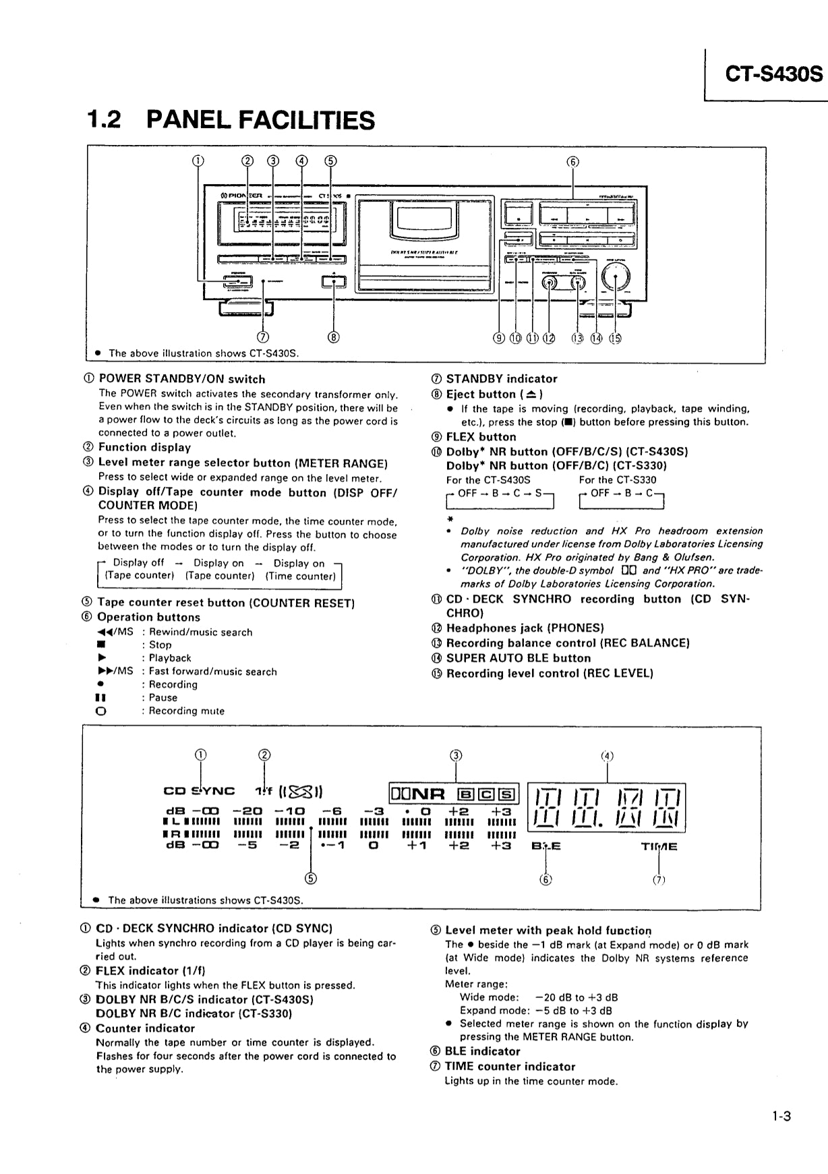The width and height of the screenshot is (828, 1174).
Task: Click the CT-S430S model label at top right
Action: pyautogui.click(x=773, y=74)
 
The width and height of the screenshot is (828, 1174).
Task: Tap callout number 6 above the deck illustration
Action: pyautogui.click(x=572, y=162)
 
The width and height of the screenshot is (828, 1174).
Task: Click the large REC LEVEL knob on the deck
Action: pyautogui.click(x=617, y=276)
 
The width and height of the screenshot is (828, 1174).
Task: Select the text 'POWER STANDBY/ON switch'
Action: pyautogui.click(x=182, y=379)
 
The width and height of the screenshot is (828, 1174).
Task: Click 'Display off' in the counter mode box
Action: pyautogui.click(x=138, y=563)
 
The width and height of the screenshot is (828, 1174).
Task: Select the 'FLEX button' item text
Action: pyautogui.click(x=481, y=437)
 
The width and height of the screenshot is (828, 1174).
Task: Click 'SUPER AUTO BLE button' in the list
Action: pyautogui.click(x=519, y=658)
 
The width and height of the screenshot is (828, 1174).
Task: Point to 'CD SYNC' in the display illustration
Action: pyautogui.click(x=199, y=791)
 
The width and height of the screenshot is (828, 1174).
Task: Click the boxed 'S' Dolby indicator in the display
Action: pyautogui.click(x=509, y=794)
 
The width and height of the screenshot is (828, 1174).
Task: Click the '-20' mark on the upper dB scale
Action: pyautogui.click(x=247, y=811)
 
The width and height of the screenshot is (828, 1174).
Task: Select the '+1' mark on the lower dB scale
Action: pyautogui.click(x=417, y=846)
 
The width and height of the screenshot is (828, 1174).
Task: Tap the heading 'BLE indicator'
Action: pyautogui.click(x=482, y=1051)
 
